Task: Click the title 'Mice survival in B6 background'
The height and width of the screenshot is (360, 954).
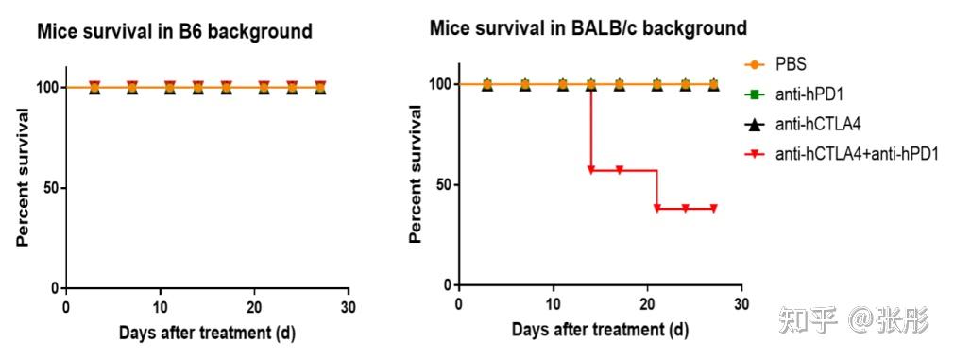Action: click(174, 32)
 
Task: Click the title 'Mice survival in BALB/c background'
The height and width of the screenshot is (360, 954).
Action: click(588, 27)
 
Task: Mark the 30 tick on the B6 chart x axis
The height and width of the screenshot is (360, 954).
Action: click(349, 307)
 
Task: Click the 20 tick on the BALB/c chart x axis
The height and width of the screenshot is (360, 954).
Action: click(647, 304)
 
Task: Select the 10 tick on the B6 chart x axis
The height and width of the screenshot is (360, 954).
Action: click(160, 307)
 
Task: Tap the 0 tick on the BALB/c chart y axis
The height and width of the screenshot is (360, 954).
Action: click(445, 284)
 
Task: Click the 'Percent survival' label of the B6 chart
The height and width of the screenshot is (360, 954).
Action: click(23, 177)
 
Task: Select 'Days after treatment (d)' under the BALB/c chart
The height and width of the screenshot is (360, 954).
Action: click(600, 330)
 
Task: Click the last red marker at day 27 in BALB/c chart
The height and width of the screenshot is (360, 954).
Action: click(713, 209)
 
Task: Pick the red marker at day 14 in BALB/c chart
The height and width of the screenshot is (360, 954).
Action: click(591, 170)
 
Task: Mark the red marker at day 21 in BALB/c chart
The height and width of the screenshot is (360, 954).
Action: click(657, 209)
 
